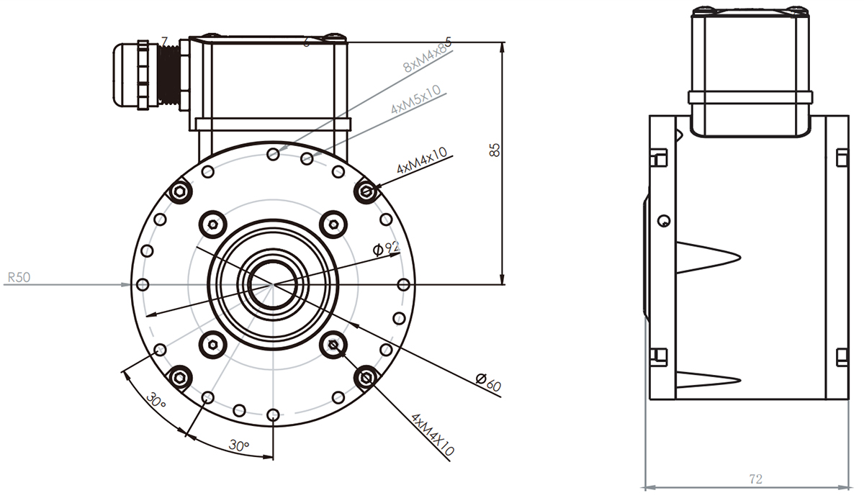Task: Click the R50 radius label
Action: pos(19,276)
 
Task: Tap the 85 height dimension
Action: pos(493,150)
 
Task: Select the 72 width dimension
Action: pos(755,479)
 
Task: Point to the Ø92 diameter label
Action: pos(387,249)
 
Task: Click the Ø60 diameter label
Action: pos(488,383)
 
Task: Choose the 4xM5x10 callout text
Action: pos(416,99)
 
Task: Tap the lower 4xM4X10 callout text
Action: pos(433,435)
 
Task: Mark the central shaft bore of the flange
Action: pos(272,283)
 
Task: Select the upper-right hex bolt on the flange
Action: pos(368,191)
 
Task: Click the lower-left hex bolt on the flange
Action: pos(179,376)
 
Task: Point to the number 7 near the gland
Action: pos(165,41)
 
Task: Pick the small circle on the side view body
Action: pos(665,219)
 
